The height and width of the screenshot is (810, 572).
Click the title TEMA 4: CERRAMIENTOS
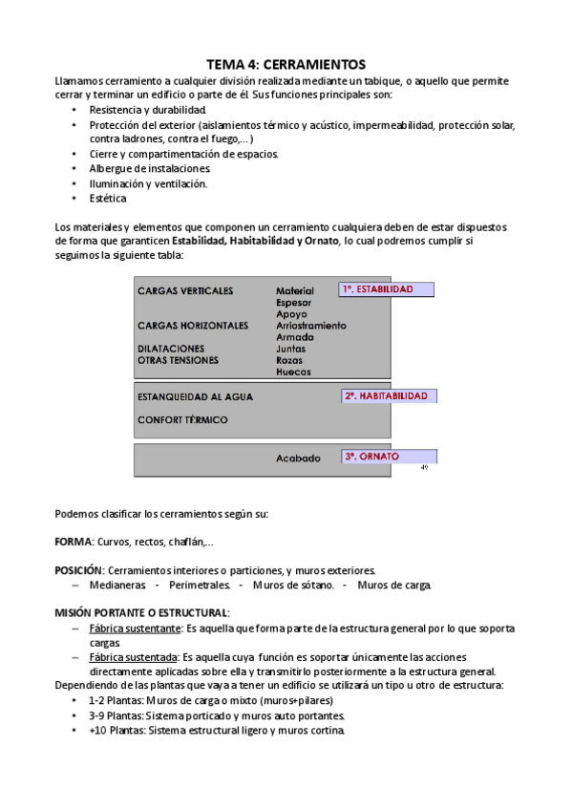coord(286,65)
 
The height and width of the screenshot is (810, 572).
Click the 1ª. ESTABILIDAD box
coord(386,289)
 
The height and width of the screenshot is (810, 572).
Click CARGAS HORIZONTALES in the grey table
coord(193,326)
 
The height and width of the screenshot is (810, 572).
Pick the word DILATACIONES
coord(171,349)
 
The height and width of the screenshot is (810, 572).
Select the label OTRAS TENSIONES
coord(178,360)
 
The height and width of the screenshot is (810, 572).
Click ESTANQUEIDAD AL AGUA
coord(194,396)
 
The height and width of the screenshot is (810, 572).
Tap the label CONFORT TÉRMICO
coord(182,419)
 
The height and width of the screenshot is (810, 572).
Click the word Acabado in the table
coord(298,458)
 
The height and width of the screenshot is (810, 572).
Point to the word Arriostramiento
coord(310,326)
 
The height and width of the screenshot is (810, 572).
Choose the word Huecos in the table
coord(293,372)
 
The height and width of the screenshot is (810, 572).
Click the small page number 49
coord(424,468)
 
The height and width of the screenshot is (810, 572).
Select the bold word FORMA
coord(74,542)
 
